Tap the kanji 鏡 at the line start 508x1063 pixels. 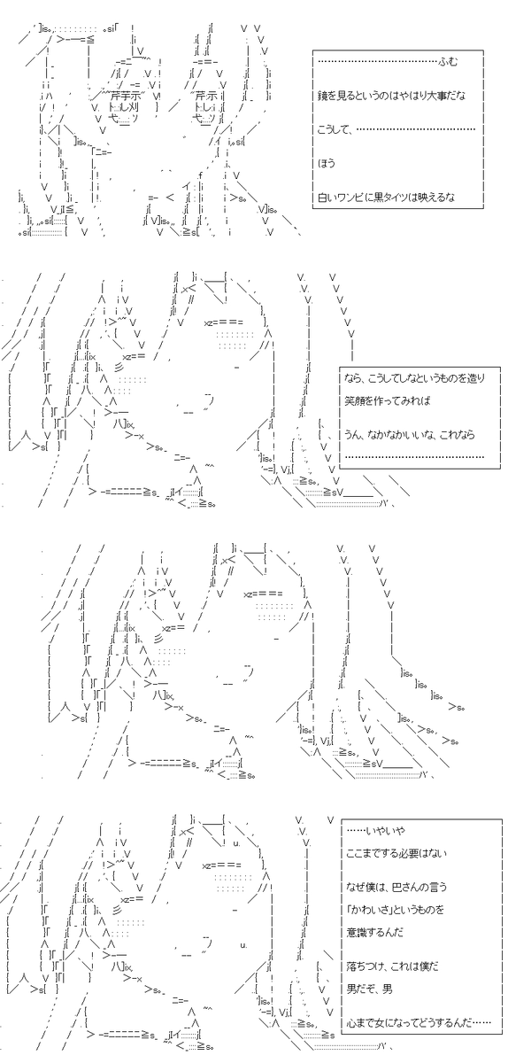[322, 96]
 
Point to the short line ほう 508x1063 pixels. [327, 163]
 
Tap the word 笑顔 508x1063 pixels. [354, 400]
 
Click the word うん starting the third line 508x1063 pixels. [353, 435]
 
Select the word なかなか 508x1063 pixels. [386, 435]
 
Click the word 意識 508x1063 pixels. [355, 933]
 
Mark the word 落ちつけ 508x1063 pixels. [364, 966]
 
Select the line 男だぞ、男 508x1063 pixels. [370, 989]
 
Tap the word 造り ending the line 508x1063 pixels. [477, 378]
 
